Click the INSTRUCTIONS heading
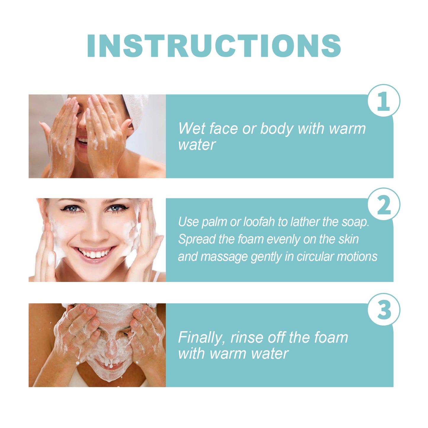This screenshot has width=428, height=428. click(214, 46)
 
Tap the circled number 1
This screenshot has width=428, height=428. click(384, 101)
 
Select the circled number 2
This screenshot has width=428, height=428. click(384, 205)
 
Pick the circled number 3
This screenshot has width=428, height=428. click(384, 310)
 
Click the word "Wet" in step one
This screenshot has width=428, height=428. click(191, 129)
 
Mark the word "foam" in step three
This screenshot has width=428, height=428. click(331, 338)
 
